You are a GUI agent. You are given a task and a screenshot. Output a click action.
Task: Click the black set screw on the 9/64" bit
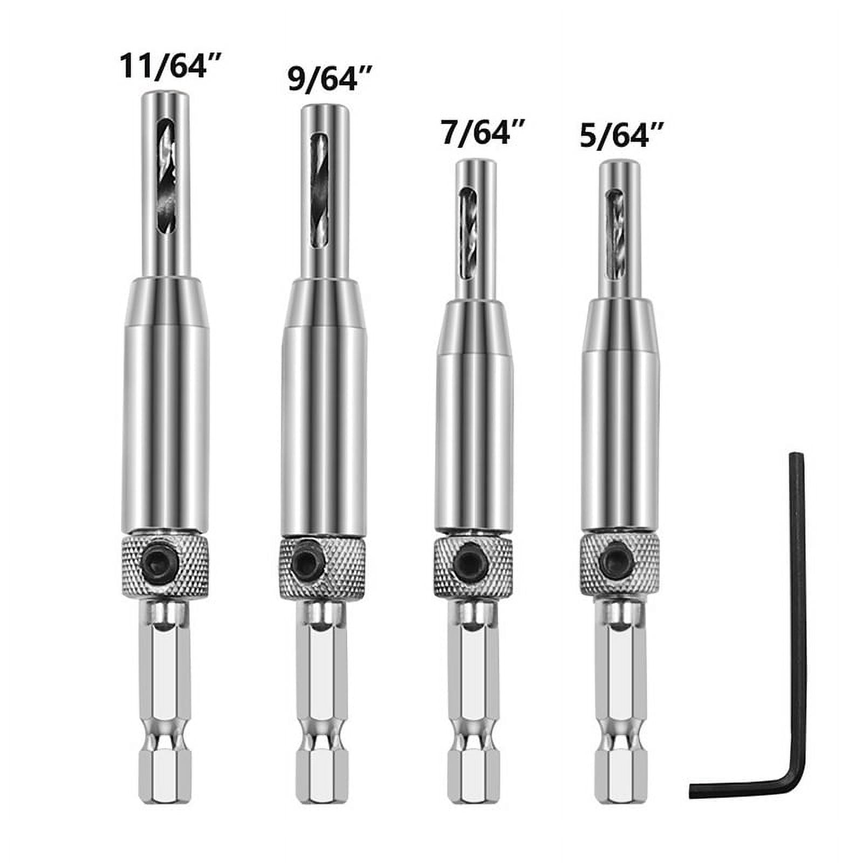(x=307, y=565)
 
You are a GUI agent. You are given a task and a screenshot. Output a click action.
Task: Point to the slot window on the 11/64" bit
(x=165, y=178)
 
